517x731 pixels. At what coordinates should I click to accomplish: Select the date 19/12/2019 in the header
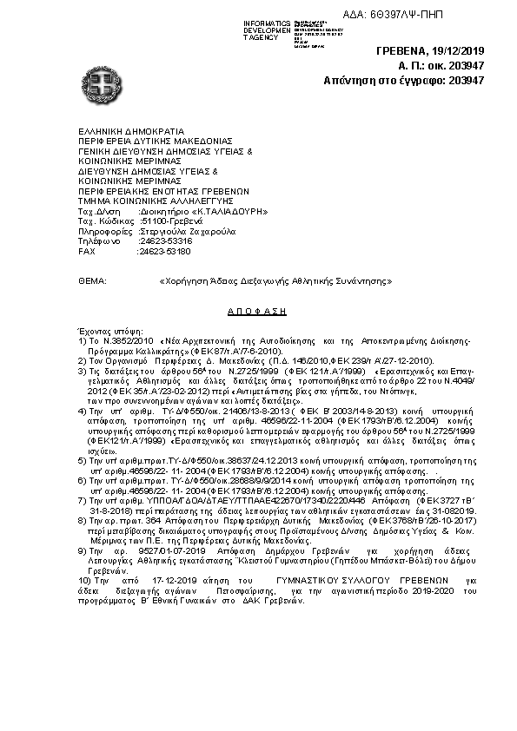tap(457, 51)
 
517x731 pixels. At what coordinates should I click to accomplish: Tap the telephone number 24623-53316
tap(159, 241)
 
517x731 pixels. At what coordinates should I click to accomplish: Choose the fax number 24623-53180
tap(159, 251)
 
